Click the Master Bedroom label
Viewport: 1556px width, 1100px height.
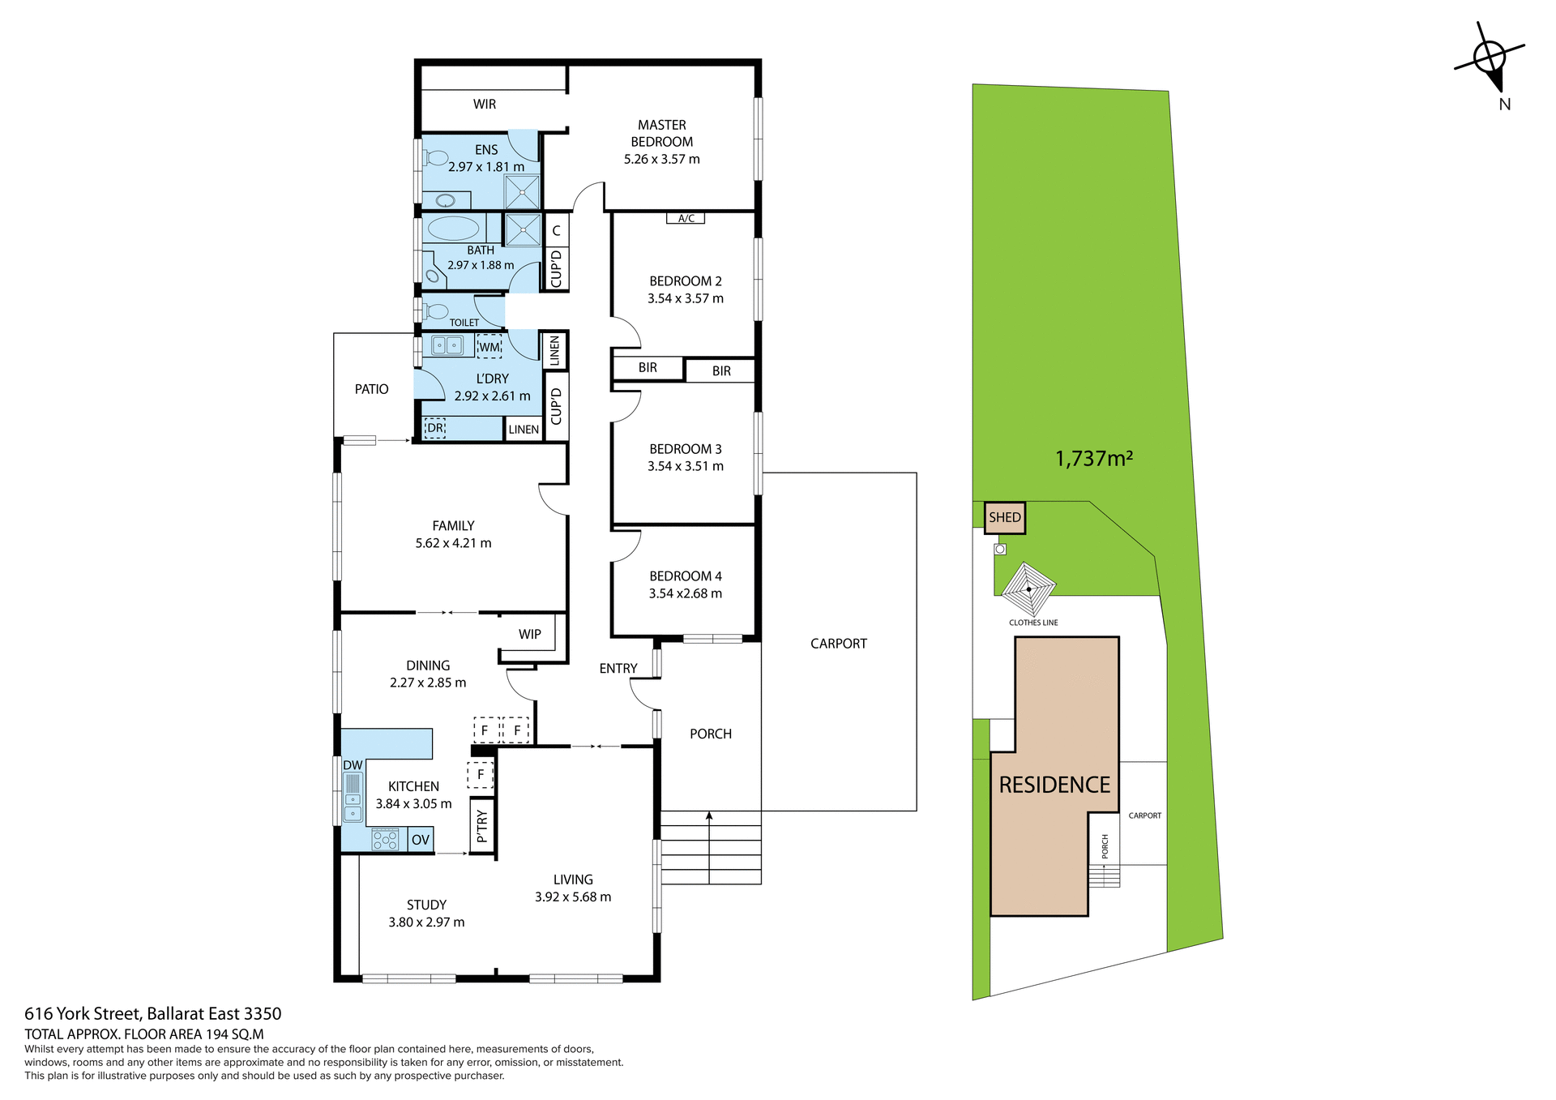click(661, 133)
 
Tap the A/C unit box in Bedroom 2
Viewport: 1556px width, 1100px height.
click(686, 218)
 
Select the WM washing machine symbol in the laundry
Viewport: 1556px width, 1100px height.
click(489, 347)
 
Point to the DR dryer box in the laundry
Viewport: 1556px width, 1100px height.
click(435, 428)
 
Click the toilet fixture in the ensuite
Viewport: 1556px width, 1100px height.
click(436, 156)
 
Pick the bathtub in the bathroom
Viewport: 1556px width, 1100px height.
click(453, 228)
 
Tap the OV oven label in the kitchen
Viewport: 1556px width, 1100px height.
click(420, 840)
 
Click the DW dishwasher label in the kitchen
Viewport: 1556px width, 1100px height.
click(353, 765)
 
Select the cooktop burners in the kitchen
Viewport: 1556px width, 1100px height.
click(385, 840)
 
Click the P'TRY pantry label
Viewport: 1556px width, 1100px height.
click(482, 825)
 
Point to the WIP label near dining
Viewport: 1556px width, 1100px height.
click(530, 634)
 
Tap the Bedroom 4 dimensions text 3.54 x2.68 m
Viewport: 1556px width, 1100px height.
click(685, 593)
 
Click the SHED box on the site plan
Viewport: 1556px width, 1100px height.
click(1005, 517)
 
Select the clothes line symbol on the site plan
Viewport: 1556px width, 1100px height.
click(1028, 589)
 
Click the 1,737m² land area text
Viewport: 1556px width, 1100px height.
click(1093, 459)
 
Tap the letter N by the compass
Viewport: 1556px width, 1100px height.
click(1504, 104)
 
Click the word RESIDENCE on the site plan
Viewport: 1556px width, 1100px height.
click(1054, 785)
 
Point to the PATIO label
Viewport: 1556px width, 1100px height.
click(371, 389)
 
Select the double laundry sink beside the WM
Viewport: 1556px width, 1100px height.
click(447, 346)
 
